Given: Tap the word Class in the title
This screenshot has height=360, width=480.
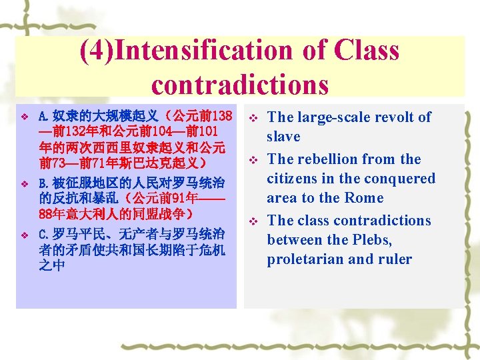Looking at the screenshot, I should click(x=367, y=51).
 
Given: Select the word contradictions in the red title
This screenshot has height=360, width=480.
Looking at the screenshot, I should click(x=240, y=85).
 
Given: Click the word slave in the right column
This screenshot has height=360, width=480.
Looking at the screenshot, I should click(x=283, y=137).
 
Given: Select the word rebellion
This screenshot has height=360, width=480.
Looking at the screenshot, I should click(x=337, y=159).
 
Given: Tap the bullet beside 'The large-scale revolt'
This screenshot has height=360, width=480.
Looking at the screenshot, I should click(x=253, y=118).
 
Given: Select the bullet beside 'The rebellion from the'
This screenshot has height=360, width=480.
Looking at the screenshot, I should click(x=253, y=160).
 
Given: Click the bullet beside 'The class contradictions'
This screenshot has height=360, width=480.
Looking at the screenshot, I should click(x=253, y=221).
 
